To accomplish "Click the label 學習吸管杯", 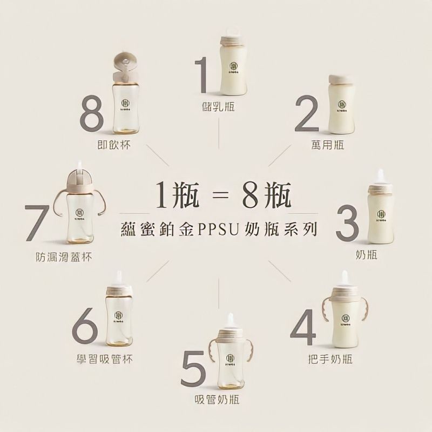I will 105,359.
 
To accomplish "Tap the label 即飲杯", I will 111,145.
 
